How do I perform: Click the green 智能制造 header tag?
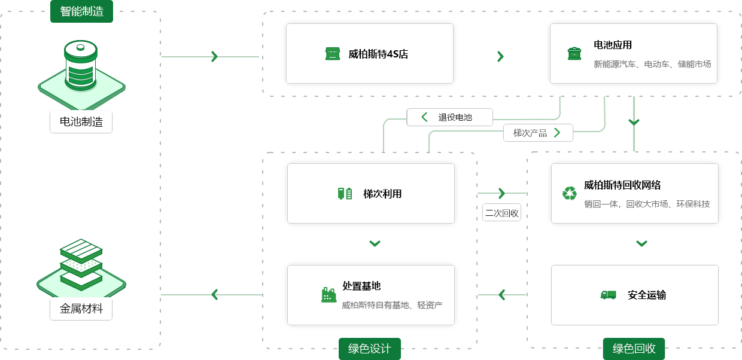(x=81, y=11)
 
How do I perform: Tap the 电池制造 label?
(x=81, y=122)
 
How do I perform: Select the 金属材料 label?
(x=81, y=309)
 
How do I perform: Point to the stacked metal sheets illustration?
(x=81, y=263)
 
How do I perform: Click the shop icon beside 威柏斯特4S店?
(x=332, y=54)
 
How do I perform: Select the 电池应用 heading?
(x=612, y=45)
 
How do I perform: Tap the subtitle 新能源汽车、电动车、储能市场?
(x=652, y=64)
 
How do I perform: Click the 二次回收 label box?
(x=502, y=213)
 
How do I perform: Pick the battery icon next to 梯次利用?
(x=345, y=194)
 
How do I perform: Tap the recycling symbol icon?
(x=569, y=193)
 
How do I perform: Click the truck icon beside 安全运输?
(x=608, y=295)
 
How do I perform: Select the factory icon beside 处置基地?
(x=329, y=294)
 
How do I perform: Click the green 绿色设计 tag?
(x=369, y=349)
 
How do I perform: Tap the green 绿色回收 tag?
(x=634, y=349)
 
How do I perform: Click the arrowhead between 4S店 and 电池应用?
(x=500, y=56)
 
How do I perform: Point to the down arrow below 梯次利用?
(x=375, y=243)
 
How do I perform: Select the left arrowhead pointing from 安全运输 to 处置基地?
(x=501, y=295)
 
